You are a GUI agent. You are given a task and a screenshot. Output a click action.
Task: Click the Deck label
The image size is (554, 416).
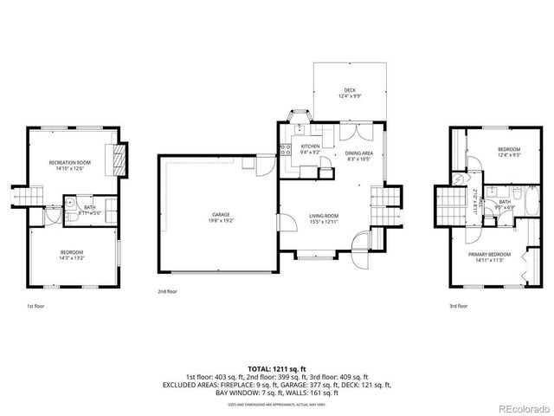coord(350,90)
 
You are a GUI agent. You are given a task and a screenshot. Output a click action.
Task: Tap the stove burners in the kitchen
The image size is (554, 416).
coord(283,148)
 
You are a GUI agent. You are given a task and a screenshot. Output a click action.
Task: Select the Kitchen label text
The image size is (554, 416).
coord(310,146)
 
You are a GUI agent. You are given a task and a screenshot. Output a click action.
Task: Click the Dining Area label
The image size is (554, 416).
coord(358,153)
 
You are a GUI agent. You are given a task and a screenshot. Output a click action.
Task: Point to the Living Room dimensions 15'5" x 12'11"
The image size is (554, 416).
coord(324,222)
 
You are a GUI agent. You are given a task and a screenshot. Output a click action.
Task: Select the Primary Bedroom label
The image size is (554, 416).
coord(490,254)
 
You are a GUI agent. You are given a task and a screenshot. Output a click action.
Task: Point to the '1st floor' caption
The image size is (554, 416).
coord(36,306)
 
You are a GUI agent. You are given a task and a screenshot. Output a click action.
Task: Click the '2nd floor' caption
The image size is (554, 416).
coord(168,292)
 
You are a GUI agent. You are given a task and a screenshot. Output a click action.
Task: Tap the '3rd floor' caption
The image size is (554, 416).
coord(458,306)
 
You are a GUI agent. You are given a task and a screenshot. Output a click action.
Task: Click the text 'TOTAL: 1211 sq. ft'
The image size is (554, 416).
coord(277,368)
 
